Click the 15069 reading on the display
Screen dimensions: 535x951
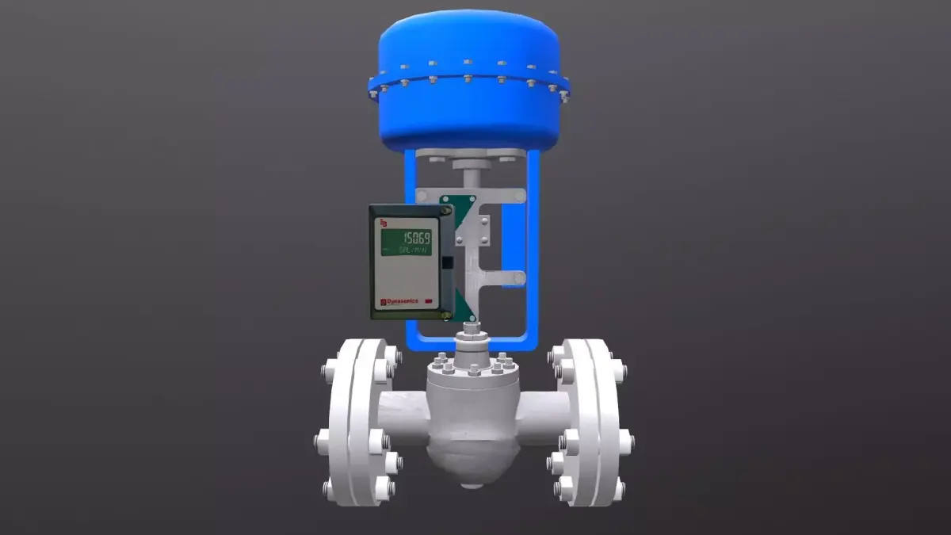click(x=417, y=238)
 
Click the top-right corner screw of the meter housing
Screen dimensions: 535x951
click(x=446, y=212)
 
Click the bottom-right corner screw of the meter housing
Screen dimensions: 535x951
click(x=446, y=315)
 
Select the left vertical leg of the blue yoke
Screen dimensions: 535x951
click(x=411, y=238)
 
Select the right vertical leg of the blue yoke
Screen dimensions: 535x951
click(x=533, y=238)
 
